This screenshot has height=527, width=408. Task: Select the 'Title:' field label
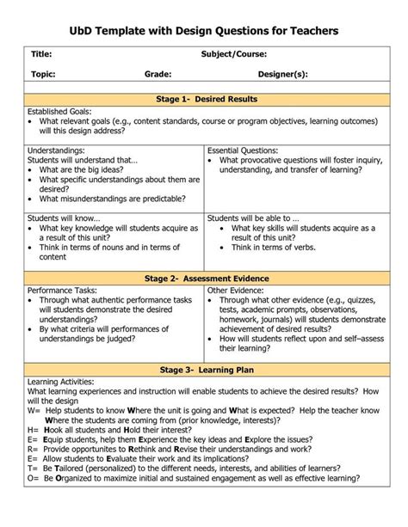click(42, 55)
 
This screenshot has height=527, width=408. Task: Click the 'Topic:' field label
click(44, 75)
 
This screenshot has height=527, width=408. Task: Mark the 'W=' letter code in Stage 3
click(34, 411)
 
